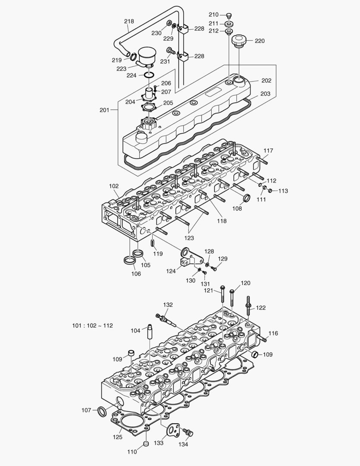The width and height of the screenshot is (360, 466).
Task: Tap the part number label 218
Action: (x=128, y=21)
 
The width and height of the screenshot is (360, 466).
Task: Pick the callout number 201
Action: (x=104, y=110)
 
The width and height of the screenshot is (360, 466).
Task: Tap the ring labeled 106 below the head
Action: (x=129, y=260)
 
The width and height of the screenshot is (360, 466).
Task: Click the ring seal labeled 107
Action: (x=102, y=411)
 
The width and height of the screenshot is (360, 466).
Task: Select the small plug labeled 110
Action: (x=146, y=444)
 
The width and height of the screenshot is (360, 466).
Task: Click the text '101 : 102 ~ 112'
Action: (x=92, y=326)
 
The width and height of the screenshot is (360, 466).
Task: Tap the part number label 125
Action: (x=117, y=437)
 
